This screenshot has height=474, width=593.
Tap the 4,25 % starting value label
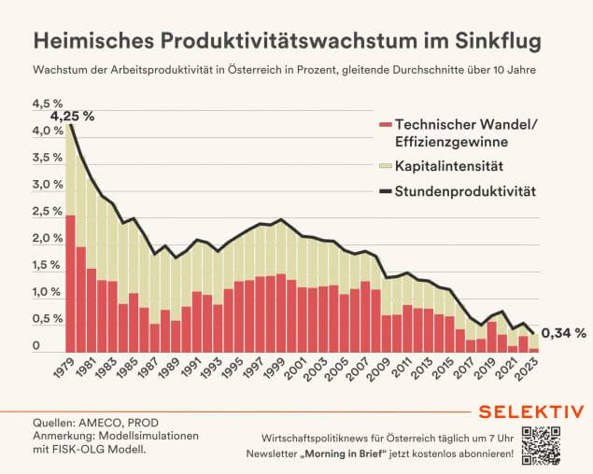pyautogui.click(x=73, y=116)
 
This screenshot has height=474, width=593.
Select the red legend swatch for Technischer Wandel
pyautogui.click(x=385, y=125)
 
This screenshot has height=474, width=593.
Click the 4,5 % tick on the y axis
pyautogui.click(x=48, y=104)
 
